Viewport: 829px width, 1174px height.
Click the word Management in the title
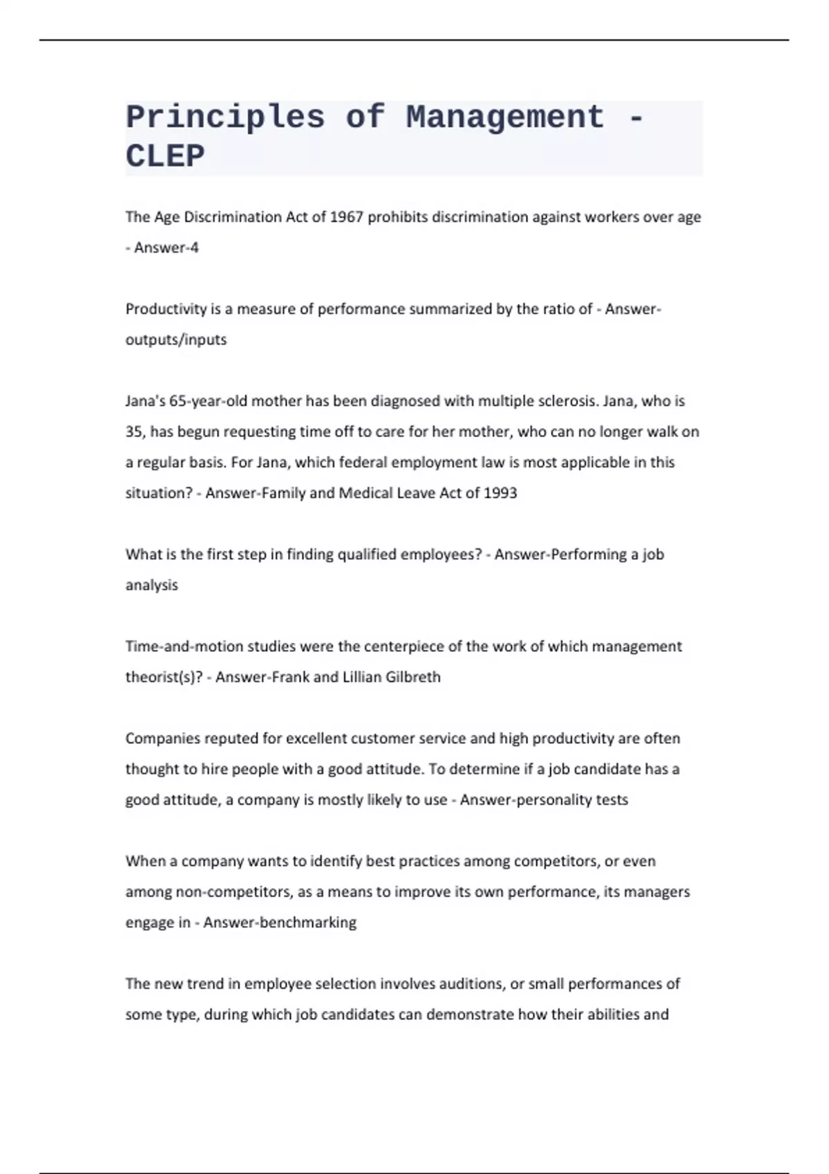pyautogui.click(x=505, y=117)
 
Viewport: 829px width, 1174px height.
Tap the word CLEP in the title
pyautogui.click(x=165, y=156)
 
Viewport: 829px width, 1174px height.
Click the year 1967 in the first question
pyautogui.click(x=347, y=217)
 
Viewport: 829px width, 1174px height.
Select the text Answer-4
pyautogui.click(x=166, y=247)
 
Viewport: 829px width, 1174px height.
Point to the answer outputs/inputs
pyautogui.click(x=176, y=339)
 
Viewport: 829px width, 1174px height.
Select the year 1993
pyautogui.click(x=500, y=492)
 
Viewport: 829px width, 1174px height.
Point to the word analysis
pyautogui.click(x=152, y=584)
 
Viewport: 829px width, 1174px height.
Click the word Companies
pyautogui.click(x=158, y=738)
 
